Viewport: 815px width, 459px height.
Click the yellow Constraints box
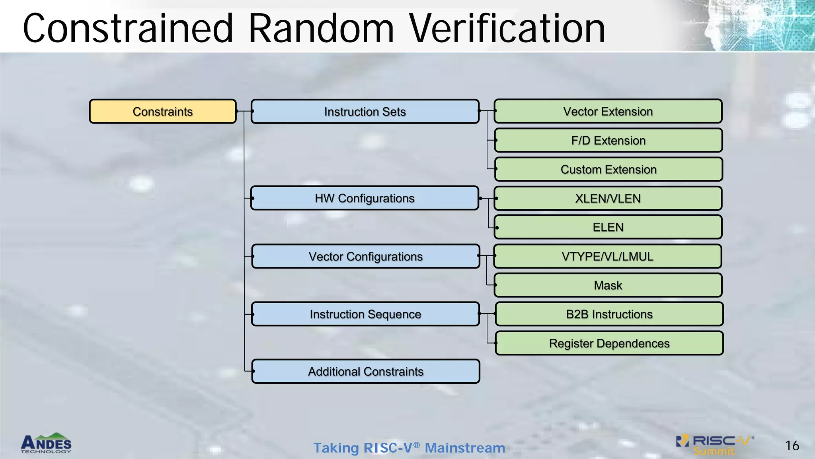(x=163, y=112)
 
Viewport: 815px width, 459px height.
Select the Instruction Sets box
(x=365, y=112)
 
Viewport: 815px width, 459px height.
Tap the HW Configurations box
(x=365, y=198)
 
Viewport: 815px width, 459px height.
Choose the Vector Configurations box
(x=365, y=256)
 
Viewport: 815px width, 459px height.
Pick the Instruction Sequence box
(x=365, y=314)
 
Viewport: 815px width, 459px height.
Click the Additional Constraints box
(x=365, y=371)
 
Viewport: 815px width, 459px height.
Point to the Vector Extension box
(x=608, y=111)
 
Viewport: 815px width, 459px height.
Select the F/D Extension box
(x=608, y=140)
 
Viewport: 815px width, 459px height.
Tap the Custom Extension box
(x=608, y=169)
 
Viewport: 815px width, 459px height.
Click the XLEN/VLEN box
(x=608, y=198)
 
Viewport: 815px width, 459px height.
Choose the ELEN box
(x=608, y=227)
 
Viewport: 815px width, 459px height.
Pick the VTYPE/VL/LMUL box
(x=607, y=256)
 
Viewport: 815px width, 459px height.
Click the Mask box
(x=608, y=285)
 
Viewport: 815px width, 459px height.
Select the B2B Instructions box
(x=609, y=314)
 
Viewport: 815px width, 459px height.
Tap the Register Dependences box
(x=609, y=343)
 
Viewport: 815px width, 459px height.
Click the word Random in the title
(x=321, y=29)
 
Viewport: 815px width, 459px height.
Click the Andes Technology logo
(x=46, y=443)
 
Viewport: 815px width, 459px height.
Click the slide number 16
(x=792, y=445)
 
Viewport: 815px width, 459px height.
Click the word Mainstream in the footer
(x=465, y=448)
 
